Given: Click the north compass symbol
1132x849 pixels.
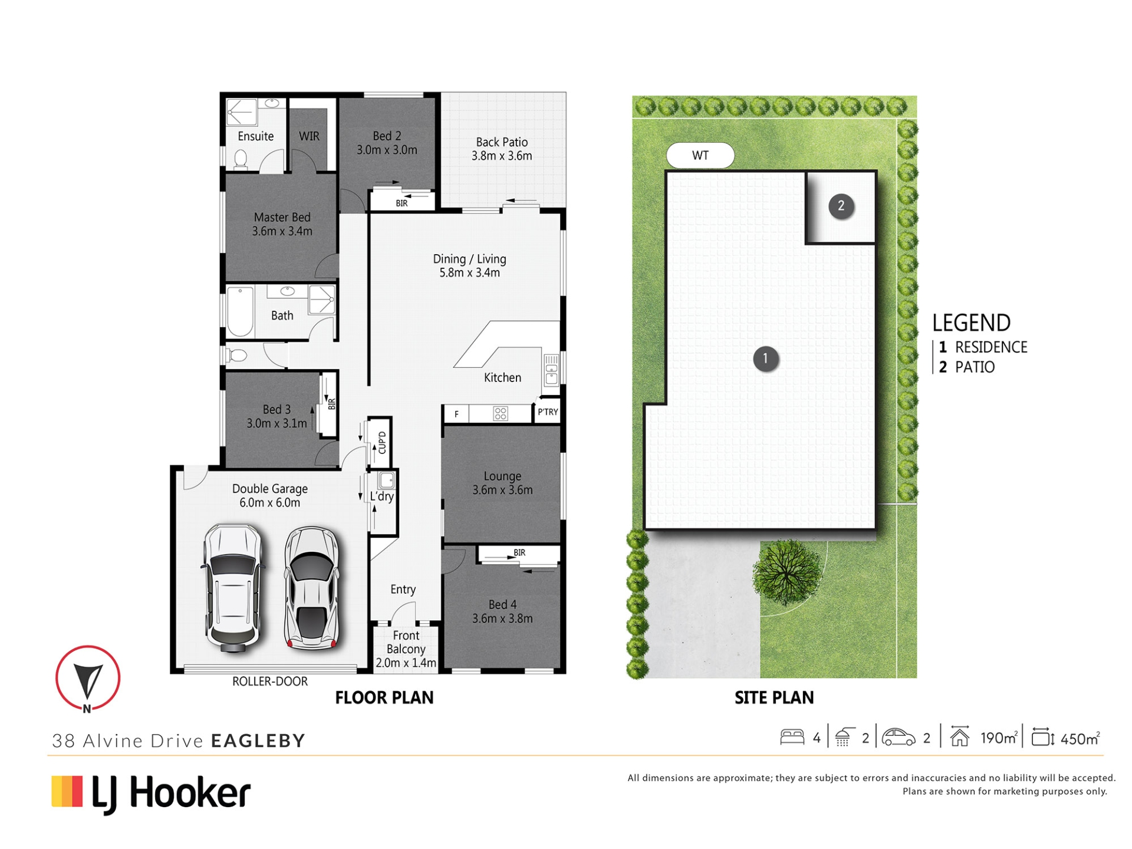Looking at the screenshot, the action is point(88,679).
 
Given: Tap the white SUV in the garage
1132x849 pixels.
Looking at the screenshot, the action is point(233,587).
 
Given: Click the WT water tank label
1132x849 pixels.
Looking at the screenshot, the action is point(700,156).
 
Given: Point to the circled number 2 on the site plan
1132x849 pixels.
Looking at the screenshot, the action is point(841,206).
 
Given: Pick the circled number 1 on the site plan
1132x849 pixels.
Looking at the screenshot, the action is point(765,358).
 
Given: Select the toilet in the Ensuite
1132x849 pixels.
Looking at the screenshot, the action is point(241,159).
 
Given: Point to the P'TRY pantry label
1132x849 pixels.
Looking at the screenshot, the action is point(548,412).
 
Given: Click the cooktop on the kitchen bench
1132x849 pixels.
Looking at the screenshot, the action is point(501,414).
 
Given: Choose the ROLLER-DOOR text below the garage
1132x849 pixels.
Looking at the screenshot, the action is point(270,682).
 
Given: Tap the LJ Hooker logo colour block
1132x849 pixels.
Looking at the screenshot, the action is point(67,791).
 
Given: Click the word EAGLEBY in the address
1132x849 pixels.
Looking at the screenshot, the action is point(258,741).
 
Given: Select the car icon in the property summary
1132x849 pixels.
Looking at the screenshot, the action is point(898,737).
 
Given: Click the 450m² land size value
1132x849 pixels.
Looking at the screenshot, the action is point(1080,738).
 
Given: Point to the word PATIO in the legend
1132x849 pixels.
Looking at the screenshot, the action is point(975,367).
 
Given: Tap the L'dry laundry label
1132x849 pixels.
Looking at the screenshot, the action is point(382,496).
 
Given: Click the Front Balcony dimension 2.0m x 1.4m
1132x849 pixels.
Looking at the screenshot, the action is point(406,663).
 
